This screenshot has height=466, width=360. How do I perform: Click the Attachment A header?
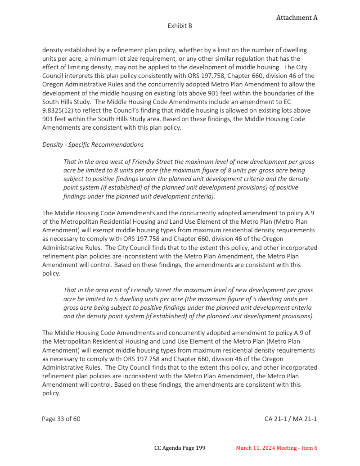point(297,18)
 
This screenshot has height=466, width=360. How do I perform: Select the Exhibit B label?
point(180,26)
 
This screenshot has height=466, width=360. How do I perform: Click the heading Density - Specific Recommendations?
point(93,145)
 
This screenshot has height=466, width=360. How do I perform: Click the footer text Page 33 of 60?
point(61,419)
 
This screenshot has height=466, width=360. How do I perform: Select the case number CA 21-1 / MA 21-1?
point(291,419)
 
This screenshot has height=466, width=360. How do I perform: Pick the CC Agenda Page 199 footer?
point(180,448)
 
